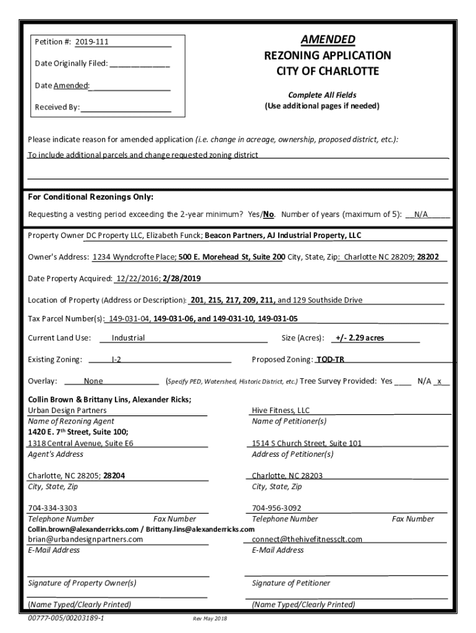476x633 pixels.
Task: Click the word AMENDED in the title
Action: [328, 40]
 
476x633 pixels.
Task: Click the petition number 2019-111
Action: [92, 42]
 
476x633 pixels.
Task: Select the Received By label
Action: [57, 107]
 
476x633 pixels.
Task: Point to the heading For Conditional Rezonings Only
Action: [91, 197]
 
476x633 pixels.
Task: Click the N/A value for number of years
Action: [421, 215]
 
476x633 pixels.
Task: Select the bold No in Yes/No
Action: [269, 215]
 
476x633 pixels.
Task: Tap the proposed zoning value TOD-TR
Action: [331, 359]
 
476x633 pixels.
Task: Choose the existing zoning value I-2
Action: [116, 359]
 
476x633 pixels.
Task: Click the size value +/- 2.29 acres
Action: [359, 338]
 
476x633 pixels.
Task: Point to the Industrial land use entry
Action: [128, 338]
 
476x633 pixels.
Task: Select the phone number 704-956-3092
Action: [277, 508]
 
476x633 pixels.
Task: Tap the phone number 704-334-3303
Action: [53, 508]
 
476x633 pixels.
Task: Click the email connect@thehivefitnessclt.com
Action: [307, 539]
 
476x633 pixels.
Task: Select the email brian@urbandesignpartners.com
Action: [85, 539]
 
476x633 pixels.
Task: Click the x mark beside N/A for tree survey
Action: [439, 381]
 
